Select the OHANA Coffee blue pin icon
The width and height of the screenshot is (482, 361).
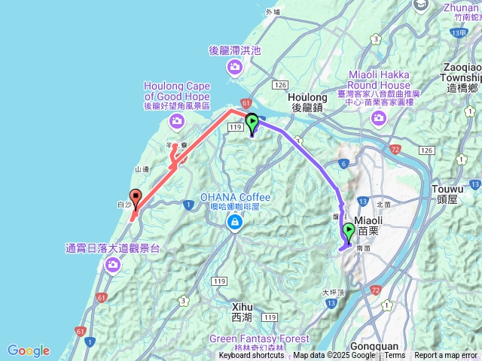pos(236,223)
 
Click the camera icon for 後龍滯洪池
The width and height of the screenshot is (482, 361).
pos(235,68)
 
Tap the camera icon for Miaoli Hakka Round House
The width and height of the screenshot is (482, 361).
pos(378,117)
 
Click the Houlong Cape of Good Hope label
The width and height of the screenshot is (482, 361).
pos(177,91)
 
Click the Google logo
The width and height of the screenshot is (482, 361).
pos(29,350)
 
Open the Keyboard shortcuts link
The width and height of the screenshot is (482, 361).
pos(252,356)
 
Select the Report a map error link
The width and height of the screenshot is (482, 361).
pos(446,356)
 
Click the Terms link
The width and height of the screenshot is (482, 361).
pos(395,356)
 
